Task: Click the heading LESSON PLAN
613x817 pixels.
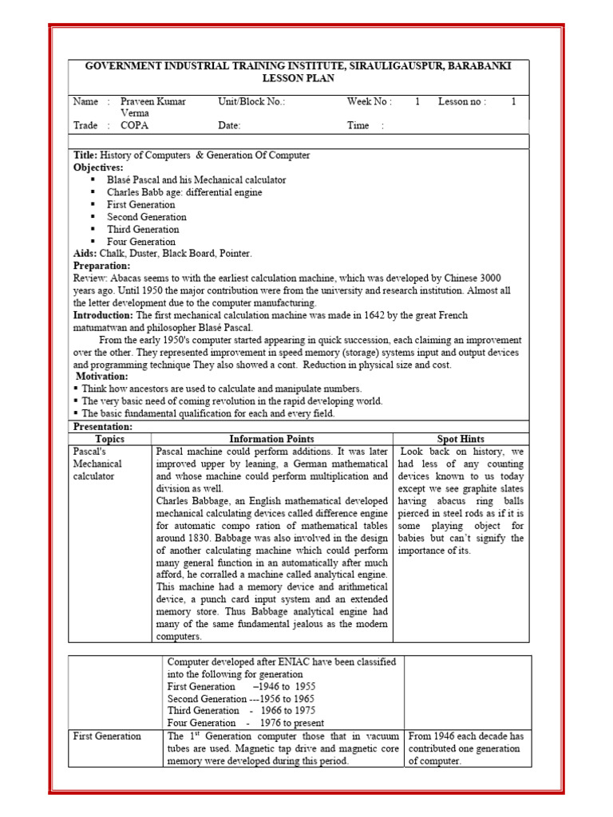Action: [299, 79]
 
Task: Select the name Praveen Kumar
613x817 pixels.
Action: [153, 101]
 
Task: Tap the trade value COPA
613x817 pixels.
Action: [134, 125]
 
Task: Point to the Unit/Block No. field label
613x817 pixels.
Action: [251, 101]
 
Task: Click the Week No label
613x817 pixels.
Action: [369, 101]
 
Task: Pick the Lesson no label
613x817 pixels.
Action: [461, 101]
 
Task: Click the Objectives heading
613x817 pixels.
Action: [98, 168]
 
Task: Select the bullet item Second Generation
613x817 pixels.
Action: [147, 217]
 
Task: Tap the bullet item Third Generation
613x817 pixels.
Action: [143, 229]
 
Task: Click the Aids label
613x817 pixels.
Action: [85, 254]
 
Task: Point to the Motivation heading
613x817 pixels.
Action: [101, 377]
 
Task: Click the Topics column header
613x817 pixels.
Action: [110, 439]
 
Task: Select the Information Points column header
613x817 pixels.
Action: [271, 439]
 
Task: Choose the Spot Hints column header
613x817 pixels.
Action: [461, 439]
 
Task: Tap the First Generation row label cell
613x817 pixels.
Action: [107, 736]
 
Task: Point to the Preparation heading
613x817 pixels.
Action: [101, 266]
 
